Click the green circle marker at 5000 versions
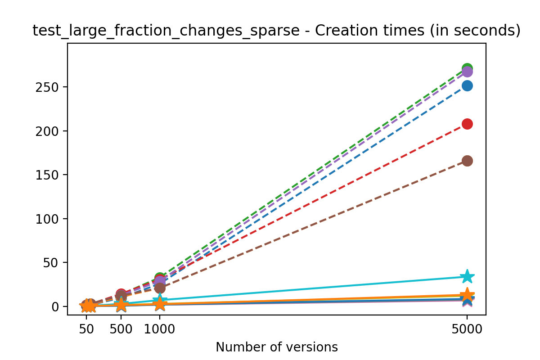[x=467, y=68]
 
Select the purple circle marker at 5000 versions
[x=467, y=72]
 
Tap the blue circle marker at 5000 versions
[x=467, y=86]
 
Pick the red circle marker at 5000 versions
[x=467, y=124]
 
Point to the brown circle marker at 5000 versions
[x=467, y=161]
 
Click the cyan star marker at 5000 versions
[x=467, y=276]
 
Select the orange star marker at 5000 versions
[x=467, y=295]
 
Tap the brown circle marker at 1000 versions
[x=159, y=288]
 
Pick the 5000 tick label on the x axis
[x=467, y=328]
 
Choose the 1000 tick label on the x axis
[x=159, y=328]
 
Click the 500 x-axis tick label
[x=121, y=328]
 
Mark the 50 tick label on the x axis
[x=86, y=328]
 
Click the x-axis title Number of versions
[x=276, y=347]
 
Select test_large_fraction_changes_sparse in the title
[x=166, y=31]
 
